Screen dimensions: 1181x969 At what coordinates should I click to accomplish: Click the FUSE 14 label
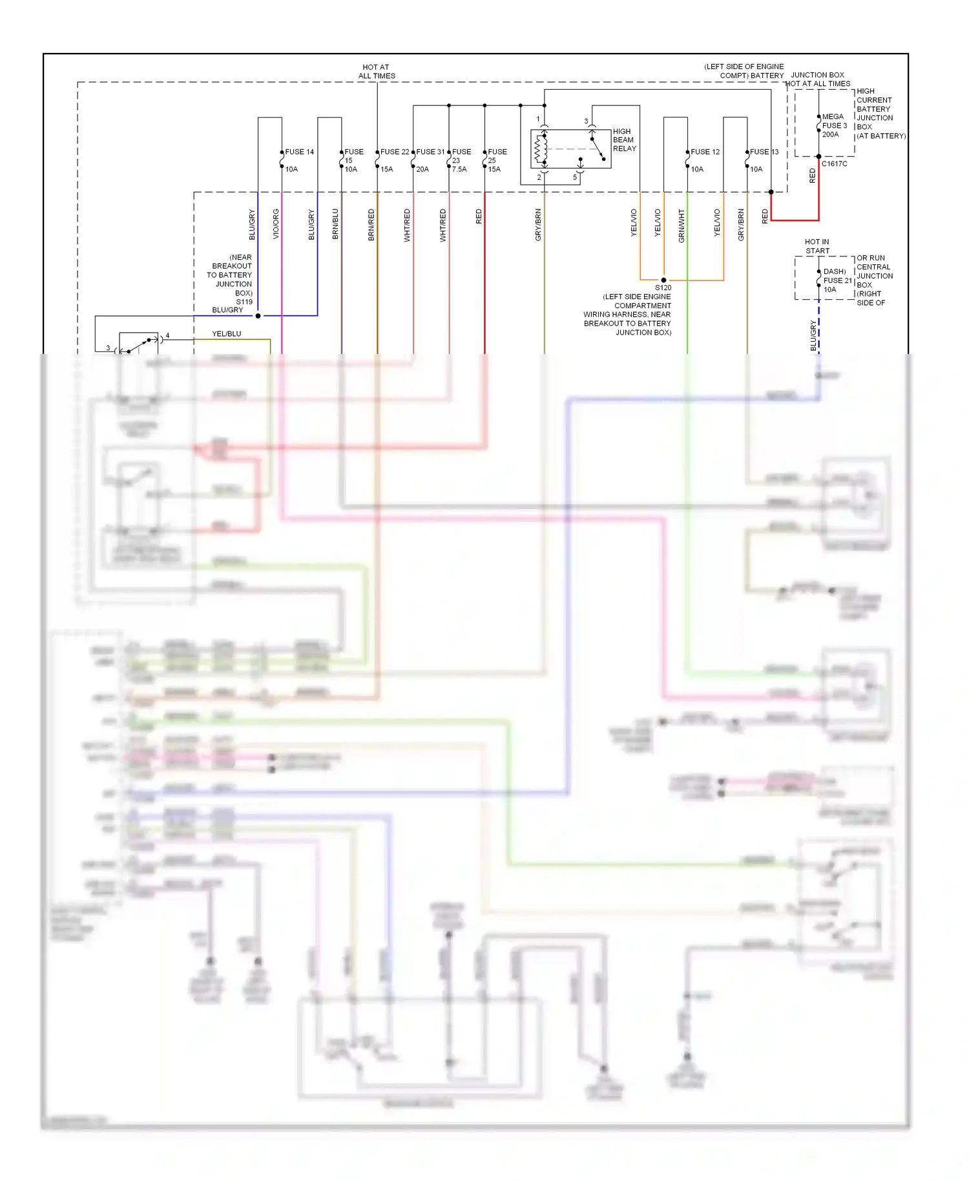[x=299, y=152]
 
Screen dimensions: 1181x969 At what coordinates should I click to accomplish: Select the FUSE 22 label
[x=394, y=152]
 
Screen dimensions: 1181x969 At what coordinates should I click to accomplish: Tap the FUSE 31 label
[x=430, y=152]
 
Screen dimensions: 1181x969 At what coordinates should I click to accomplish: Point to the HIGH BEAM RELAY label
[x=624, y=140]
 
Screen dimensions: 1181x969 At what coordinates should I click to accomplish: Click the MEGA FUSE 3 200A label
[x=834, y=125]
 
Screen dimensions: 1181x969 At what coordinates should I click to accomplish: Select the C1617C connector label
[x=834, y=164]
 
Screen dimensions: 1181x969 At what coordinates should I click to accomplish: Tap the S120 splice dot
[x=663, y=280]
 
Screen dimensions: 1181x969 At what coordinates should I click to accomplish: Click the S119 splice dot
[x=258, y=316]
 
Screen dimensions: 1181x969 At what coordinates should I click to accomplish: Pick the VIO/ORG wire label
[x=276, y=224]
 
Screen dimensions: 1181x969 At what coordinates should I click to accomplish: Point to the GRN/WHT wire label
[x=682, y=226]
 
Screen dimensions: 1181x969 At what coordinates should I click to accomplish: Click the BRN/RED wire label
[x=371, y=225]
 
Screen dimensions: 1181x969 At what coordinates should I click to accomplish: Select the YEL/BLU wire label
[x=227, y=334]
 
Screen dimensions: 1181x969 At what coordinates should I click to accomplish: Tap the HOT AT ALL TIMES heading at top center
[x=377, y=71]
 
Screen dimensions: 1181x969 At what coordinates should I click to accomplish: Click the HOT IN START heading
[x=817, y=246]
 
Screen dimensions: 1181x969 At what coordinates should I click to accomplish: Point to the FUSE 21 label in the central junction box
[x=837, y=280]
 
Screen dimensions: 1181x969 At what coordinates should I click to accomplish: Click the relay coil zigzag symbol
[x=540, y=150]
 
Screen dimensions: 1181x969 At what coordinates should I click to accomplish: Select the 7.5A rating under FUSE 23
[x=459, y=169]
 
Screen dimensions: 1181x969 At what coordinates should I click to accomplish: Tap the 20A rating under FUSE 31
[x=422, y=169]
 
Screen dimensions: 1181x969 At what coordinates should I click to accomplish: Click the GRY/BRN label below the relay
[x=538, y=225]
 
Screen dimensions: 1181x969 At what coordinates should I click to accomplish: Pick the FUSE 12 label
[x=705, y=152]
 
